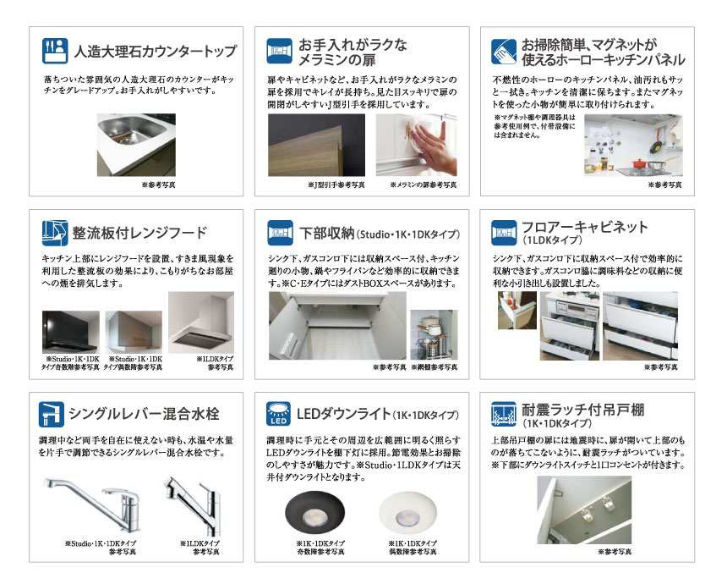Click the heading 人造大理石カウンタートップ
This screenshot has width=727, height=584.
coord(156,51)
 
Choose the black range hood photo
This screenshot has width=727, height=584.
coord(70,332)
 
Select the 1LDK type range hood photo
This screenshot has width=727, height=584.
coord(200,322)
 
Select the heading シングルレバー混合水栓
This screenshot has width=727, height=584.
coord(146,415)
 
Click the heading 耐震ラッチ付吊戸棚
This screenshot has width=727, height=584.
coord(582,410)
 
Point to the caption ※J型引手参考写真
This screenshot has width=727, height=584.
coord(336,184)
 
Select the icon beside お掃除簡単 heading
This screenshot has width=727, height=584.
coord(505,52)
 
